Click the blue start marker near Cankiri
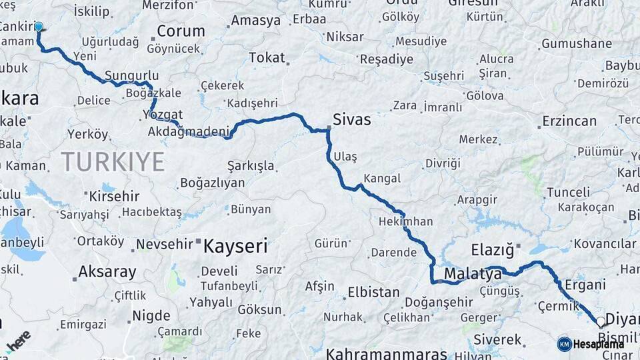[x=39, y=27]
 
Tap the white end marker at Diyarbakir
[x=601, y=321]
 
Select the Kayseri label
[x=235, y=246]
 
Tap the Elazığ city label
[x=493, y=251]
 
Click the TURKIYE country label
[x=113, y=161]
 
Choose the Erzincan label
[x=569, y=121]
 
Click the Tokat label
[x=267, y=58]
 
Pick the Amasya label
[x=256, y=21]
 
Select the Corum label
[x=181, y=31]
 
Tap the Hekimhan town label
[x=405, y=221]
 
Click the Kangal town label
[x=382, y=179]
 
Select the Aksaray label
[x=107, y=272]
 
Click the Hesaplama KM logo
[x=591, y=344]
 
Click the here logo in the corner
[x=17, y=341]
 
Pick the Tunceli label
[x=568, y=193]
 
